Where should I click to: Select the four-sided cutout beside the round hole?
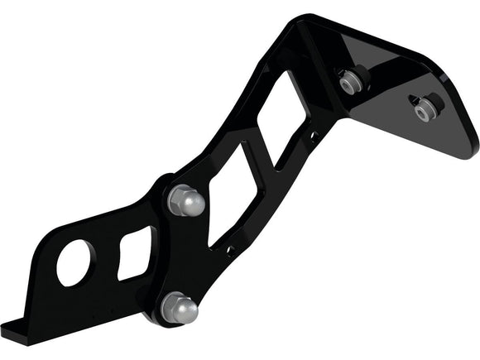[133, 252]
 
